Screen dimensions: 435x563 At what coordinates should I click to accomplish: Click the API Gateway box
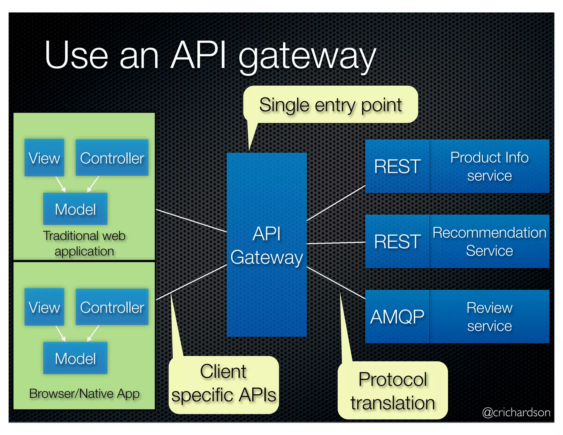[266, 245]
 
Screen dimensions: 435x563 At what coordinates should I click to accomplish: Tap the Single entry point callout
[330, 105]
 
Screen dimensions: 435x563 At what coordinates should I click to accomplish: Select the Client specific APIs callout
[223, 384]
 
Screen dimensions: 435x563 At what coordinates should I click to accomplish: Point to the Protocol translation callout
[393, 390]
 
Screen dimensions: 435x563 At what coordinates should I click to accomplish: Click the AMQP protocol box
[397, 316]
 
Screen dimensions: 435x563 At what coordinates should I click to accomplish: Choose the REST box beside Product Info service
[397, 166]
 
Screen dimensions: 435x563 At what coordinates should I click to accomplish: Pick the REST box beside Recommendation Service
[397, 241]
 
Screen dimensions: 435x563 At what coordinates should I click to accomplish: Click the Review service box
[489, 316]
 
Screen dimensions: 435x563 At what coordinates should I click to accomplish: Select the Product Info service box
[489, 166]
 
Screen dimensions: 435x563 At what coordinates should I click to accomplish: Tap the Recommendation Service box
[489, 241]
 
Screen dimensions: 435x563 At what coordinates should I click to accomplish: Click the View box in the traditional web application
[44, 158]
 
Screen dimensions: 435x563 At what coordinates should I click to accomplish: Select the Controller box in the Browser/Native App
[112, 307]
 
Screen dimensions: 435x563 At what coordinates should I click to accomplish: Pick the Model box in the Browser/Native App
[75, 358]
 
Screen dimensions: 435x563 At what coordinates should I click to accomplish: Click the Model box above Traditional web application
[75, 209]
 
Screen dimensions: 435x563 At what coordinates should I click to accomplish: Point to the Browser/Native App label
[84, 393]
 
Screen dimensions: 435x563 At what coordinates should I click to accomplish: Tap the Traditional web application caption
[84, 243]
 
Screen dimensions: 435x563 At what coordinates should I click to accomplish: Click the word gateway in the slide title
[307, 56]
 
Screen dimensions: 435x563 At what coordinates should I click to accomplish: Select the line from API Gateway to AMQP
[336, 283]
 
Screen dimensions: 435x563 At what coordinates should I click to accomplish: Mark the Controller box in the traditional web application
[112, 158]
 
